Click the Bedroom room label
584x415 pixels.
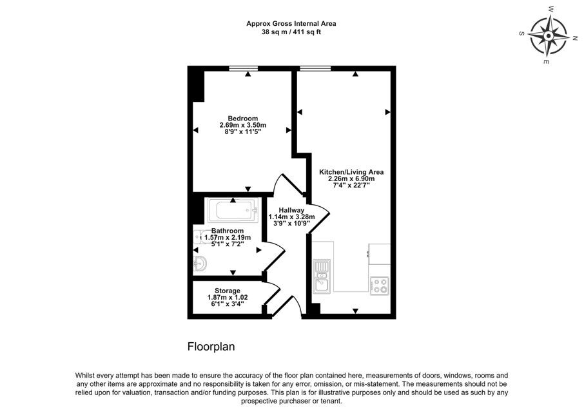[x=243, y=119]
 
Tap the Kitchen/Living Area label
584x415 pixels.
[x=351, y=172]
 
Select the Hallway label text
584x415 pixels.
[x=291, y=210]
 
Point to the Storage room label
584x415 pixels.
[x=227, y=291]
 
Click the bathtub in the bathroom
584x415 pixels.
[x=233, y=211]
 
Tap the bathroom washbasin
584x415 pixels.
[x=200, y=264]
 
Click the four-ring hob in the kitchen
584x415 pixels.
[x=380, y=285]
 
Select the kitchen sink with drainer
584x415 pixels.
[x=322, y=276]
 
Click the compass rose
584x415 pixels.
[x=549, y=36]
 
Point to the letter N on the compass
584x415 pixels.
[x=576, y=37]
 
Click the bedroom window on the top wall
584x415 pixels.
[x=243, y=68]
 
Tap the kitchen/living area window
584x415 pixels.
[x=315, y=68]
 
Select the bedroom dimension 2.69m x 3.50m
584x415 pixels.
[x=243, y=125]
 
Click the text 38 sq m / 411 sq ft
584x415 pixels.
[x=291, y=32]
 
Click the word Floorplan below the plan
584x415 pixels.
[x=211, y=347]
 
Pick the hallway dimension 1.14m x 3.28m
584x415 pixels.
[x=291, y=217]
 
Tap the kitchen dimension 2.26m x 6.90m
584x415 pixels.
[x=351, y=179]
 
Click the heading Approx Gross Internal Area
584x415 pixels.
[x=291, y=23]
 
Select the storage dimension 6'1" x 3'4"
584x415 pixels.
[x=227, y=304]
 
